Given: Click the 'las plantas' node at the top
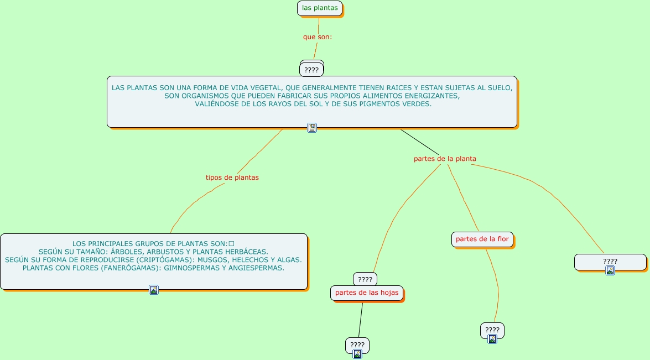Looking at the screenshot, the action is (320, 8).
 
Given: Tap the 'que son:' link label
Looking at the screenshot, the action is (317, 37).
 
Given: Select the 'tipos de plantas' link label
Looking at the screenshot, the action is (232, 178).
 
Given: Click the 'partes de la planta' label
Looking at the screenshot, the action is (445, 159).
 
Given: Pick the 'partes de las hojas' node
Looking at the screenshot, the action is (367, 293).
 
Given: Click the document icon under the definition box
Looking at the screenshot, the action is (312, 128).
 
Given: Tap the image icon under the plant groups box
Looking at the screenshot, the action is (154, 289).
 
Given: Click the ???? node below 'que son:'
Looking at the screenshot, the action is (311, 70).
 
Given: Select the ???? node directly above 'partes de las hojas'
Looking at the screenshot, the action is (365, 279).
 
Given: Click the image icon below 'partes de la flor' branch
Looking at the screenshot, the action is (492, 339).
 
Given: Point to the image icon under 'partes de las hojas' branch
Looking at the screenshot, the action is (357, 354).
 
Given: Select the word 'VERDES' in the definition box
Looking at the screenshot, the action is (418, 104).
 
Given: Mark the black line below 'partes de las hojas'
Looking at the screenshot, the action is (361, 320).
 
